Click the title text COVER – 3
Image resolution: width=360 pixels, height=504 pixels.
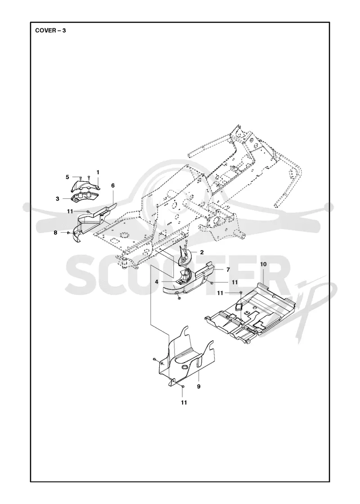pos(51,31)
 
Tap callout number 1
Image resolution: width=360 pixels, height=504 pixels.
pos(98,172)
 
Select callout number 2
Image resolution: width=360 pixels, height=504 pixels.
pos(202,252)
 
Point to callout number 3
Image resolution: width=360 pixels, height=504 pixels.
pos(58,198)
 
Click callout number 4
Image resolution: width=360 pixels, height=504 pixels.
pos(157,282)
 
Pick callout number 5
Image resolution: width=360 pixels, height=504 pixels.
pos(67,177)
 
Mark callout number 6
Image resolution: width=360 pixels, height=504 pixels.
pos(113,185)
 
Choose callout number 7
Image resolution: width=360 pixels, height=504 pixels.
pos(228,270)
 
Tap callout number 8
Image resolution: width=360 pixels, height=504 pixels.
pos(55,232)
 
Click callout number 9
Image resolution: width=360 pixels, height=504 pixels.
pos(198,387)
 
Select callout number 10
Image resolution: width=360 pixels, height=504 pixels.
pos(263,264)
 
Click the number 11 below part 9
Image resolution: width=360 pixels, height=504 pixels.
pos(184,402)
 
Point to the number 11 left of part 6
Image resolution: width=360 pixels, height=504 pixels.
pos(70,211)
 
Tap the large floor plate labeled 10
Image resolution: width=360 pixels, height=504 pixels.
pos(251,313)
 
